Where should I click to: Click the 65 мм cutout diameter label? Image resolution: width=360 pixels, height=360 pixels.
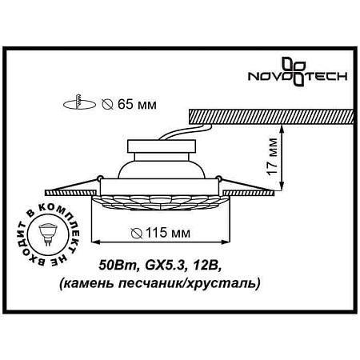click(x=131, y=103)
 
